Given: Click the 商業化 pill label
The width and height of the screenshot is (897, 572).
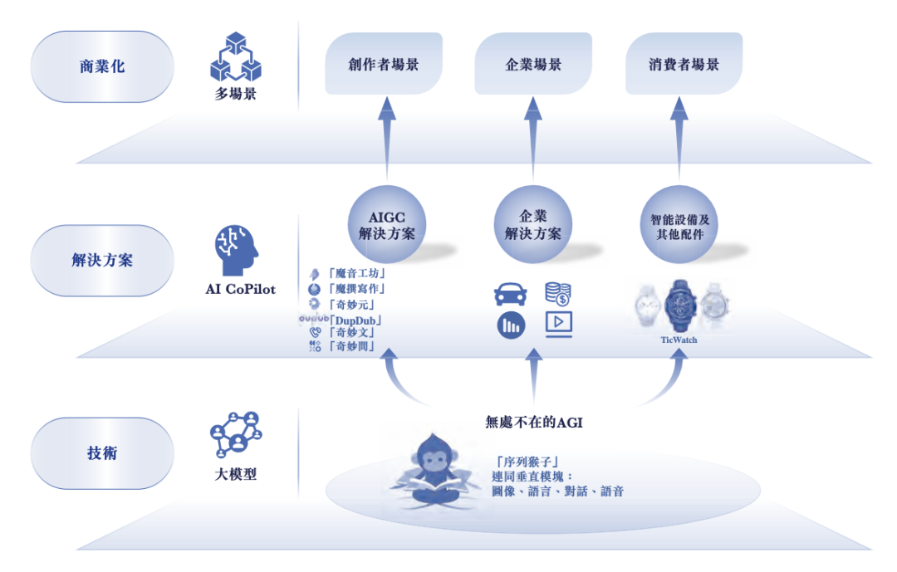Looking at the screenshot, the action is [102, 66].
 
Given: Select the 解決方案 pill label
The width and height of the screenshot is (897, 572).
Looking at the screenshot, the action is [102, 260].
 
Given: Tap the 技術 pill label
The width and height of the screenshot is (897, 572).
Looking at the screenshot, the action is [102, 453].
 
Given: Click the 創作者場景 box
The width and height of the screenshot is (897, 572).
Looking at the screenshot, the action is [383, 64].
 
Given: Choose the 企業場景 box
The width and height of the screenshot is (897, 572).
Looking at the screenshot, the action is [533, 64].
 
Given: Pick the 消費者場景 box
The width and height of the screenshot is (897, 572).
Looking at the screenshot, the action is [684, 64].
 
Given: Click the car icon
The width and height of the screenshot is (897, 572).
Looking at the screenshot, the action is [511, 295].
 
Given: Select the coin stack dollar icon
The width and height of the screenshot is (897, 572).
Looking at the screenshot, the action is [557, 293].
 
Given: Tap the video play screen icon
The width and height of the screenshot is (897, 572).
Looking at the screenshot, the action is [558, 324].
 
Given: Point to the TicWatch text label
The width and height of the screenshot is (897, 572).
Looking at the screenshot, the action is [679, 340].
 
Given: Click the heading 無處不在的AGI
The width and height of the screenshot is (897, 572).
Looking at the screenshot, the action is [534, 422].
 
